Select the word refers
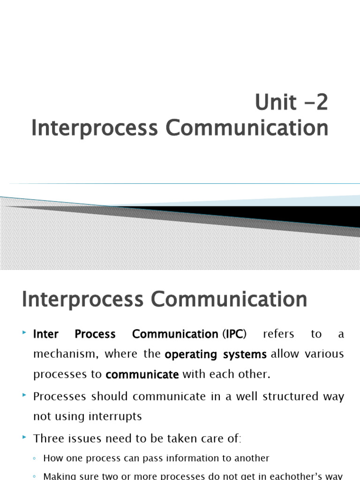tap(278, 334)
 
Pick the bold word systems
tap(245, 354)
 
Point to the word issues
tap(82, 439)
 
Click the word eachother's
tap(290, 476)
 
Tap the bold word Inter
tap(46, 334)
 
